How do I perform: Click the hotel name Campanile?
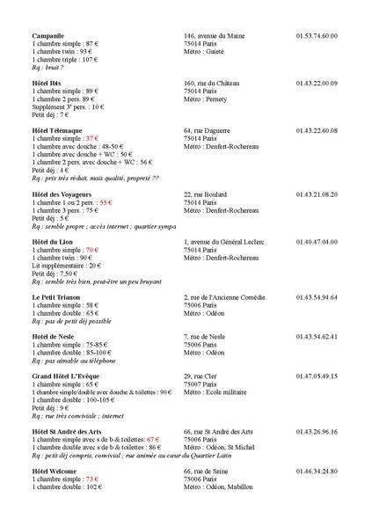pos(48,36)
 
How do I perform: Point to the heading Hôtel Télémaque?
pos(57,130)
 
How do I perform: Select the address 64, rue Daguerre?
pos(208,130)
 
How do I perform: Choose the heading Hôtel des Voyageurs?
pos(62,194)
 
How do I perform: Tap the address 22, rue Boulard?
pos(206,194)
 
